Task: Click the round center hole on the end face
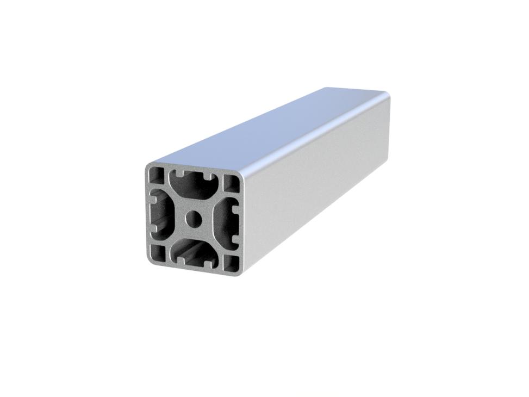click(x=192, y=219)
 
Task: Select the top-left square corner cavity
click(x=158, y=175)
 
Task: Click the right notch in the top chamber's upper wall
click(x=210, y=177)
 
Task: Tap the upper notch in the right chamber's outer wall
click(x=234, y=206)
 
